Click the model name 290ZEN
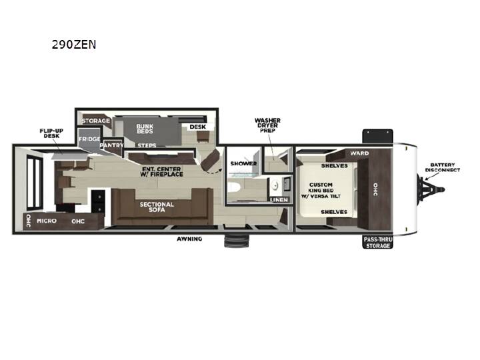74,45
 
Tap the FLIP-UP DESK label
51,133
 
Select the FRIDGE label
89,139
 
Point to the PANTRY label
112,145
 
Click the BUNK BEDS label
145,129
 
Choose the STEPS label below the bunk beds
147,145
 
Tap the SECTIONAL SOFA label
157,207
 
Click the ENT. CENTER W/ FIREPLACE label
161,172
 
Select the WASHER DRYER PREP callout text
267,125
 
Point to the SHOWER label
244,163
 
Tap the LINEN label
279,200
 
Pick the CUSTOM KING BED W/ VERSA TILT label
321,191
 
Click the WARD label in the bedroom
360,153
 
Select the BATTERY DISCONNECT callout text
443,167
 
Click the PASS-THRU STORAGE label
378,243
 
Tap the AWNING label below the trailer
189,239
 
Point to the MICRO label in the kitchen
47,221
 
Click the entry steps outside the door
237,241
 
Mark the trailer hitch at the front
432,189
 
